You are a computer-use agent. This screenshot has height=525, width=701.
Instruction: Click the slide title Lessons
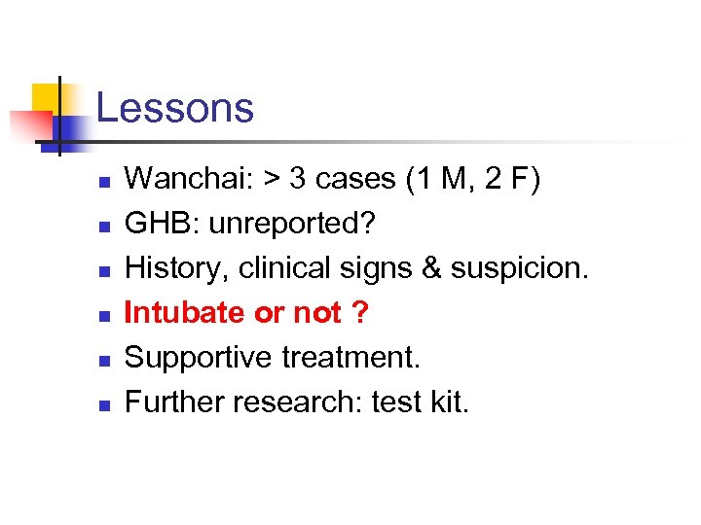(x=175, y=108)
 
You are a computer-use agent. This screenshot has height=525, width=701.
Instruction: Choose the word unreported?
(x=290, y=225)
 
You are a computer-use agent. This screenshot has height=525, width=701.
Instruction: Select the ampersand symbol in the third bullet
(x=427, y=268)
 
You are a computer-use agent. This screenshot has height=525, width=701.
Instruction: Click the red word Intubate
(x=185, y=313)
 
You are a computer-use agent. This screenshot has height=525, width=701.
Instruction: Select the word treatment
(x=350, y=358)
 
